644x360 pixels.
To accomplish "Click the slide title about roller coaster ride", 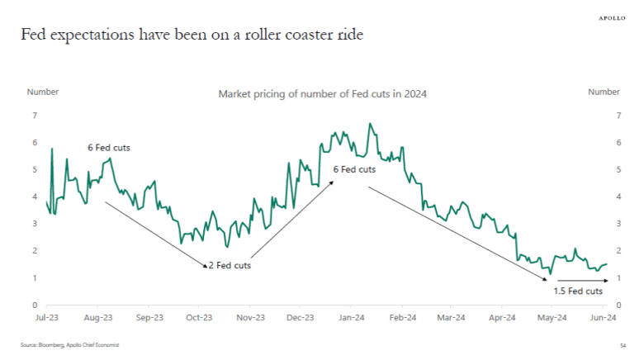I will [192, 35].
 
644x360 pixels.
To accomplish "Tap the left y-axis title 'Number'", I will [43, 92].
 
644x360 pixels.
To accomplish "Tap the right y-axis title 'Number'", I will [604, 92].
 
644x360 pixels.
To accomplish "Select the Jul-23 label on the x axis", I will [46, 317].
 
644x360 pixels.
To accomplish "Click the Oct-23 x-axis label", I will [199, 317].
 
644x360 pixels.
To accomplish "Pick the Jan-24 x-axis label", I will [352, 317].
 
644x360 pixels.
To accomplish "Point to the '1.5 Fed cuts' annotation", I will [578, 291].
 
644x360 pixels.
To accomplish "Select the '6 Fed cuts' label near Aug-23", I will [109, 148].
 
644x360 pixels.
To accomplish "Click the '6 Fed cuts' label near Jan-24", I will [353, 169].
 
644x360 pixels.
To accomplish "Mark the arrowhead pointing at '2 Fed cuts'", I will [205, 266].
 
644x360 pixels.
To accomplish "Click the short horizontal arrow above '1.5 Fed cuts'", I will [583, 281].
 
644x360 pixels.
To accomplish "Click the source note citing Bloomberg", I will [70, 345].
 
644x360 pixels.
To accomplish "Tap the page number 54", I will [622, 345].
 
